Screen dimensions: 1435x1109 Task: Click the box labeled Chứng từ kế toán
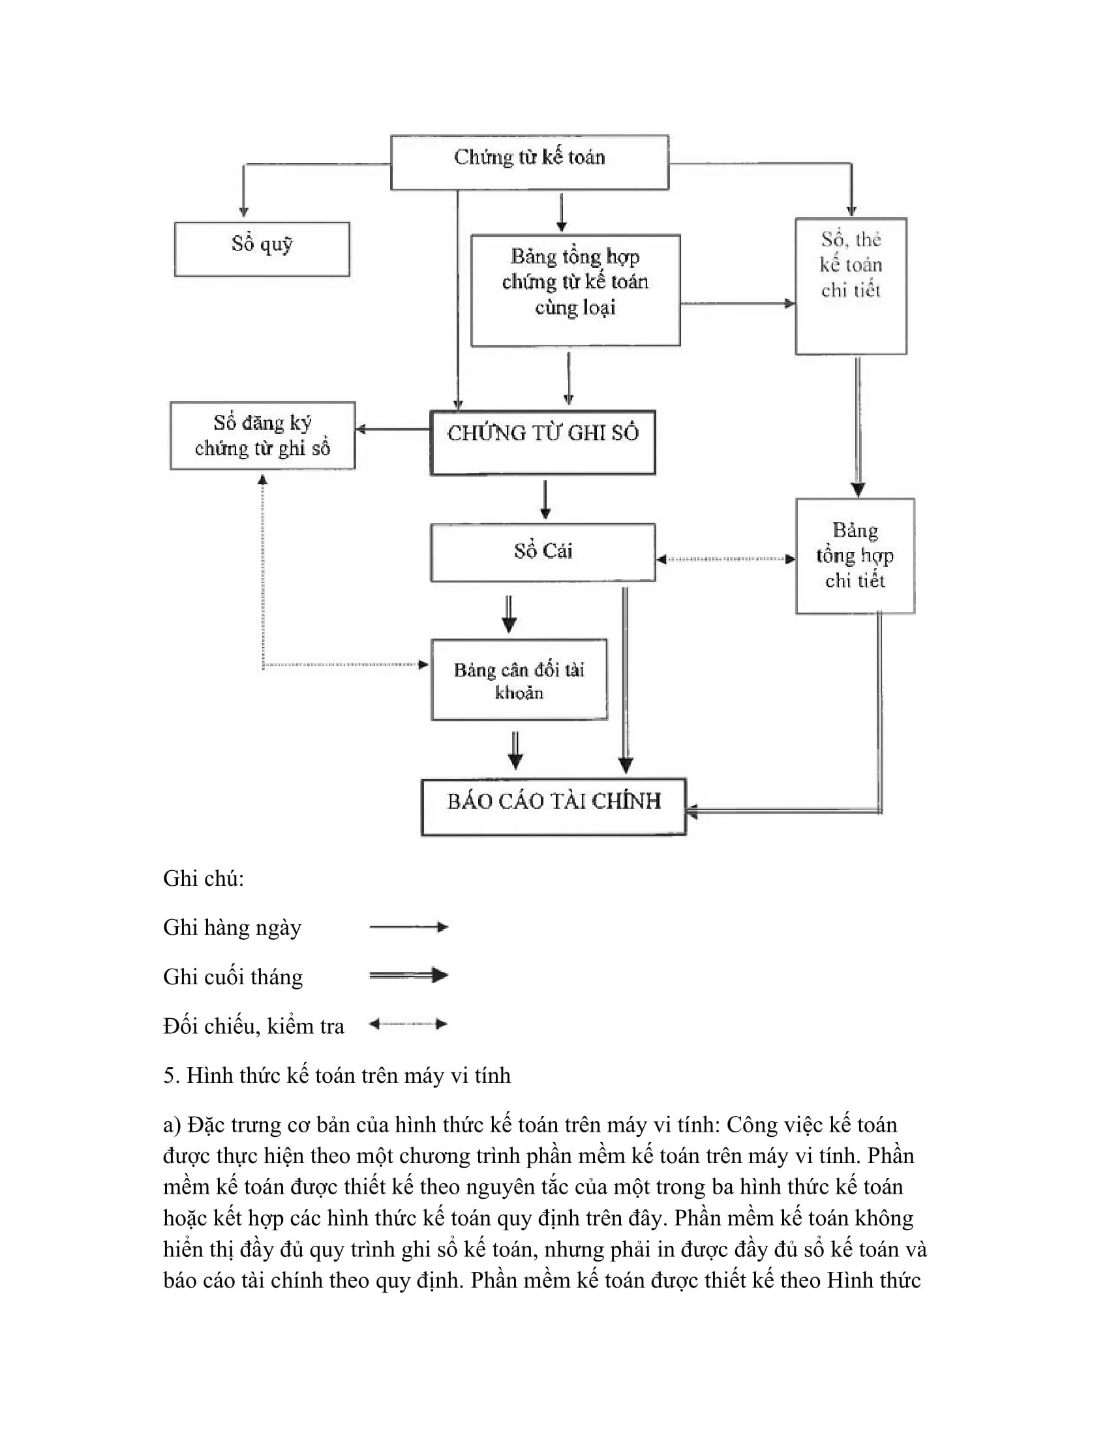pyautogui.click(x=530, y=162)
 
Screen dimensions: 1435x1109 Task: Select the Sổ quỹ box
pyautogui.click(x=262, y=249)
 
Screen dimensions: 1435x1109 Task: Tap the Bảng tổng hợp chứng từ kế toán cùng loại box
pyautogui.click(x=575, y=290)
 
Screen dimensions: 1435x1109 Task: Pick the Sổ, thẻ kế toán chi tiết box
pyautogui.click(x=851, y=286)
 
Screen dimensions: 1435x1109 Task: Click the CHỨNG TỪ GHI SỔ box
pyautogui.click(x=543, y=442)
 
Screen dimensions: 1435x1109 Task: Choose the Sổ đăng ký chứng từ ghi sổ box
pyautogui.click(x=262, y=436)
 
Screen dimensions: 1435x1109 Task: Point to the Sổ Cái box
pyautogui.click(x=543, y=552)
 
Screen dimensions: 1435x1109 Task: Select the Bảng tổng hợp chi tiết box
pyautogui.click(x=855, y=556)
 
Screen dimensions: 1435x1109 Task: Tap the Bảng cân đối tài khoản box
pyautogui.click(x=519, y=680)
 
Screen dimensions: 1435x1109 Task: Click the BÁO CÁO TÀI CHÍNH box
pyautogui.click(x=553, y=807)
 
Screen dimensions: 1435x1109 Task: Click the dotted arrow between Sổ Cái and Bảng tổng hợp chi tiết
pyautogui.click(x=725, y=559)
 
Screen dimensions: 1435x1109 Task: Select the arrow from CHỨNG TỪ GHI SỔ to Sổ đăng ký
pyautogui.click(x=393, y=430)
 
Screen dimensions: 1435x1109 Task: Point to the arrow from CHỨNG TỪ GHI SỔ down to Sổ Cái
pyautogui.click(x=545, y=500)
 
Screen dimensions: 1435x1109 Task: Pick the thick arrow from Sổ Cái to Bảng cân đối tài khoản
pyautogui.click(x=509, y=613)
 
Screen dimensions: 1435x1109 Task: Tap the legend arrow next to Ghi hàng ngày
pyautogui.click(x=408, y=927)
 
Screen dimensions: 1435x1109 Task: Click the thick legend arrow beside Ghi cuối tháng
pyautogui.click(x=408, y=975)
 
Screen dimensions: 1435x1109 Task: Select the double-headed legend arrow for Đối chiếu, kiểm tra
pyautogui.click(x=408, y=1023)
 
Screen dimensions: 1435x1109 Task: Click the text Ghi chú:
pyautogui.click(x=204, y=879)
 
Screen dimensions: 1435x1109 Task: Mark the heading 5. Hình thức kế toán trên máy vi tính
pyautogui.click(x=337, y=1075)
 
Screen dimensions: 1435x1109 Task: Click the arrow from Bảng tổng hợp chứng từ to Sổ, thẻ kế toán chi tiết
pyautogui.click(x=737, y=303)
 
